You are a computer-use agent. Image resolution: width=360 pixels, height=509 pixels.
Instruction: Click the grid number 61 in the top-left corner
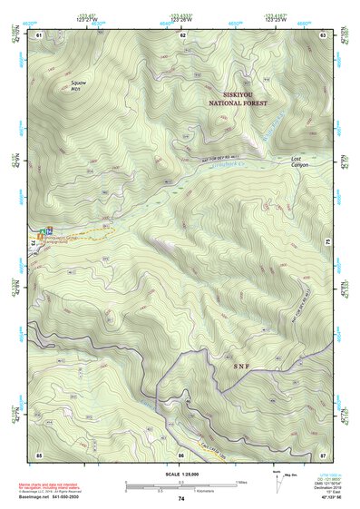pos(39,34)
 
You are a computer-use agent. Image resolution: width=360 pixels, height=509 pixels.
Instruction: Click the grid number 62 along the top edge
pos(182,34)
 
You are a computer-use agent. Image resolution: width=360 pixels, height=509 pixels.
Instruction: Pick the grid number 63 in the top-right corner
pos(324,34)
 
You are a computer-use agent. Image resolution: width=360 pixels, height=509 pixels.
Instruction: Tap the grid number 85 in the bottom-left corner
pos(39,453)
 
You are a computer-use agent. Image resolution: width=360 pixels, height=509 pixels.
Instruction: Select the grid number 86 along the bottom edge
pos(182,453)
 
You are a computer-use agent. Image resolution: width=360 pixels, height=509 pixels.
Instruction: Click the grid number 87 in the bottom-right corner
pos(324,453)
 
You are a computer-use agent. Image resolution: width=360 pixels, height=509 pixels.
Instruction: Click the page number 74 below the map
pos(181,499)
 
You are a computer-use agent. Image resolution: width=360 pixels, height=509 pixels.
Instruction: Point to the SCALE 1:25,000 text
pos(180,474)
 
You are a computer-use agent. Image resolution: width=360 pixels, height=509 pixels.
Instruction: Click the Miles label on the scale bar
pos(242,482)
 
